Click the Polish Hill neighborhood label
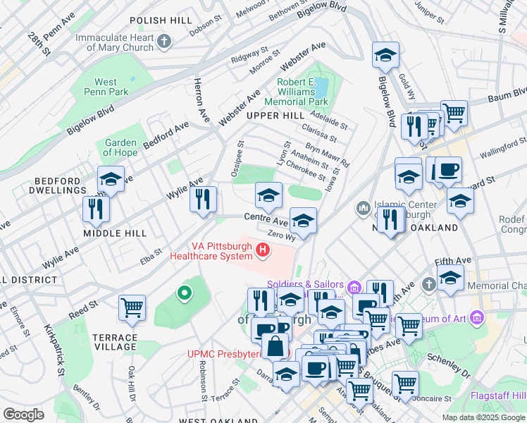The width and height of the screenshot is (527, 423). tap(161, 21)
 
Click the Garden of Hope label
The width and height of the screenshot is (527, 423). tap(120, 148)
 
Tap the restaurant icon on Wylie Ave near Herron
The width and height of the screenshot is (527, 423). tap(203, 199)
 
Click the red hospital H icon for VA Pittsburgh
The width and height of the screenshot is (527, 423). tap(263, 249)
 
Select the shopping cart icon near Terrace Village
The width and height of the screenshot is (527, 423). tap(132, 307)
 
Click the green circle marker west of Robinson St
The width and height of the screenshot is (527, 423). tap(184, 291)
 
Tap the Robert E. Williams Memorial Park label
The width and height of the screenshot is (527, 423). tap(296, 92)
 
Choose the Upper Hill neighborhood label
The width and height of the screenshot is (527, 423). tap(275, 115)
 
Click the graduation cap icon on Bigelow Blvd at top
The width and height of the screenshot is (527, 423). tap(385, 55)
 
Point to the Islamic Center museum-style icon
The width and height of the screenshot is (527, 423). tap(364, 207)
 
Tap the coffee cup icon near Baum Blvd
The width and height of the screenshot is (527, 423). tap(447, 170)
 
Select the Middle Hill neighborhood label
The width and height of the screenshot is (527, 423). tap(115, 233)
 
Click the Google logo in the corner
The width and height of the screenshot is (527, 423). tap(23, 414)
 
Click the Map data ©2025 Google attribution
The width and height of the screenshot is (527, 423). tap(483, 417)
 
